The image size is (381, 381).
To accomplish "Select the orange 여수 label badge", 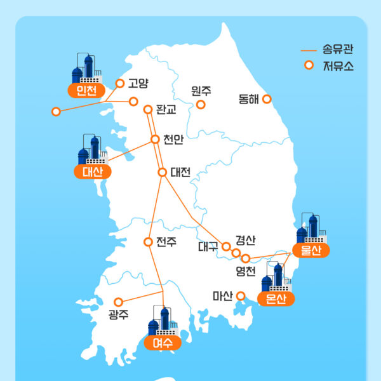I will click(x=163, y=343).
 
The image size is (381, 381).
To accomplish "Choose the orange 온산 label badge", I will click(x=276, y=299).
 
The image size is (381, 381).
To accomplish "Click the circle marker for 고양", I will click(x=120, y=83).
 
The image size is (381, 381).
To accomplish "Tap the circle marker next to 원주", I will click(x=201, y=104).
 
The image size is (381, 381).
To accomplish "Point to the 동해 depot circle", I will click(x=267, y=99).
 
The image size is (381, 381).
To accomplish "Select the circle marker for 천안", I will click(x=155, y=139).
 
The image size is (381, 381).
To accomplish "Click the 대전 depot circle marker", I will click(x=162, y=172).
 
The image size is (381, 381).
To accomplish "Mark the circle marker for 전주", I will click(x=148, y=242).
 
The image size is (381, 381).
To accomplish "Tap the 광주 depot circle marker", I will click(x=117, y=302).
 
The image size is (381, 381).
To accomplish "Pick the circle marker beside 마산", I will click(x=241, y=295).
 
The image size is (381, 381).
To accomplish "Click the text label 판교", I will click(x=166, y=109).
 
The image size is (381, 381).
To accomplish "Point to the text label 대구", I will click(x=208, y=246).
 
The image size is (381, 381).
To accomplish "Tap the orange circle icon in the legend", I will click(x=309, y=64).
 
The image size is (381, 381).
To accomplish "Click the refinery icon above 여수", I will click(x=162, y=321).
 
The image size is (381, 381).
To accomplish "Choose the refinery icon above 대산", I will click(x=90, y=150).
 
